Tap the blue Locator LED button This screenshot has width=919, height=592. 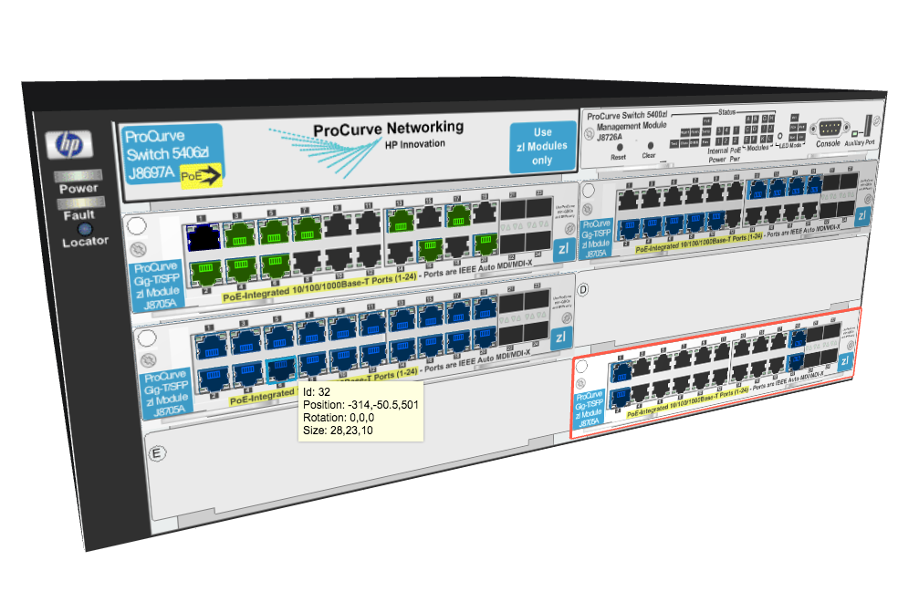pyautogui.click(x=85, y=229)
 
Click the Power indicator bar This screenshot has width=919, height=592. pyautogui.click(x=78, y=175)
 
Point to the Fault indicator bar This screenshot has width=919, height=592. pyautogui.click(x=78, y=203)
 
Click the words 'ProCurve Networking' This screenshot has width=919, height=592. pyautogui.click(x=388, y=129)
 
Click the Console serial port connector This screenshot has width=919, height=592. pyautogui.click(x=829, y=128)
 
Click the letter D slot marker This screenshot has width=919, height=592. pyautogui.click(x=584, y=291)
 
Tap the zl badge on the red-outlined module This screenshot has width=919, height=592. pyautogui.click(x=844, y=362)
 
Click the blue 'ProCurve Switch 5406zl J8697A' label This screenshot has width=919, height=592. pyautogui.click(x=172, y=155)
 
